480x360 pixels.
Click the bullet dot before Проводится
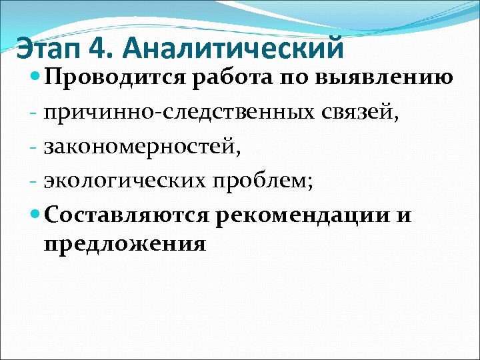click(x=36, y=78)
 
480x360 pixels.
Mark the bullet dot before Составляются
click(x=36, y=215)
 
